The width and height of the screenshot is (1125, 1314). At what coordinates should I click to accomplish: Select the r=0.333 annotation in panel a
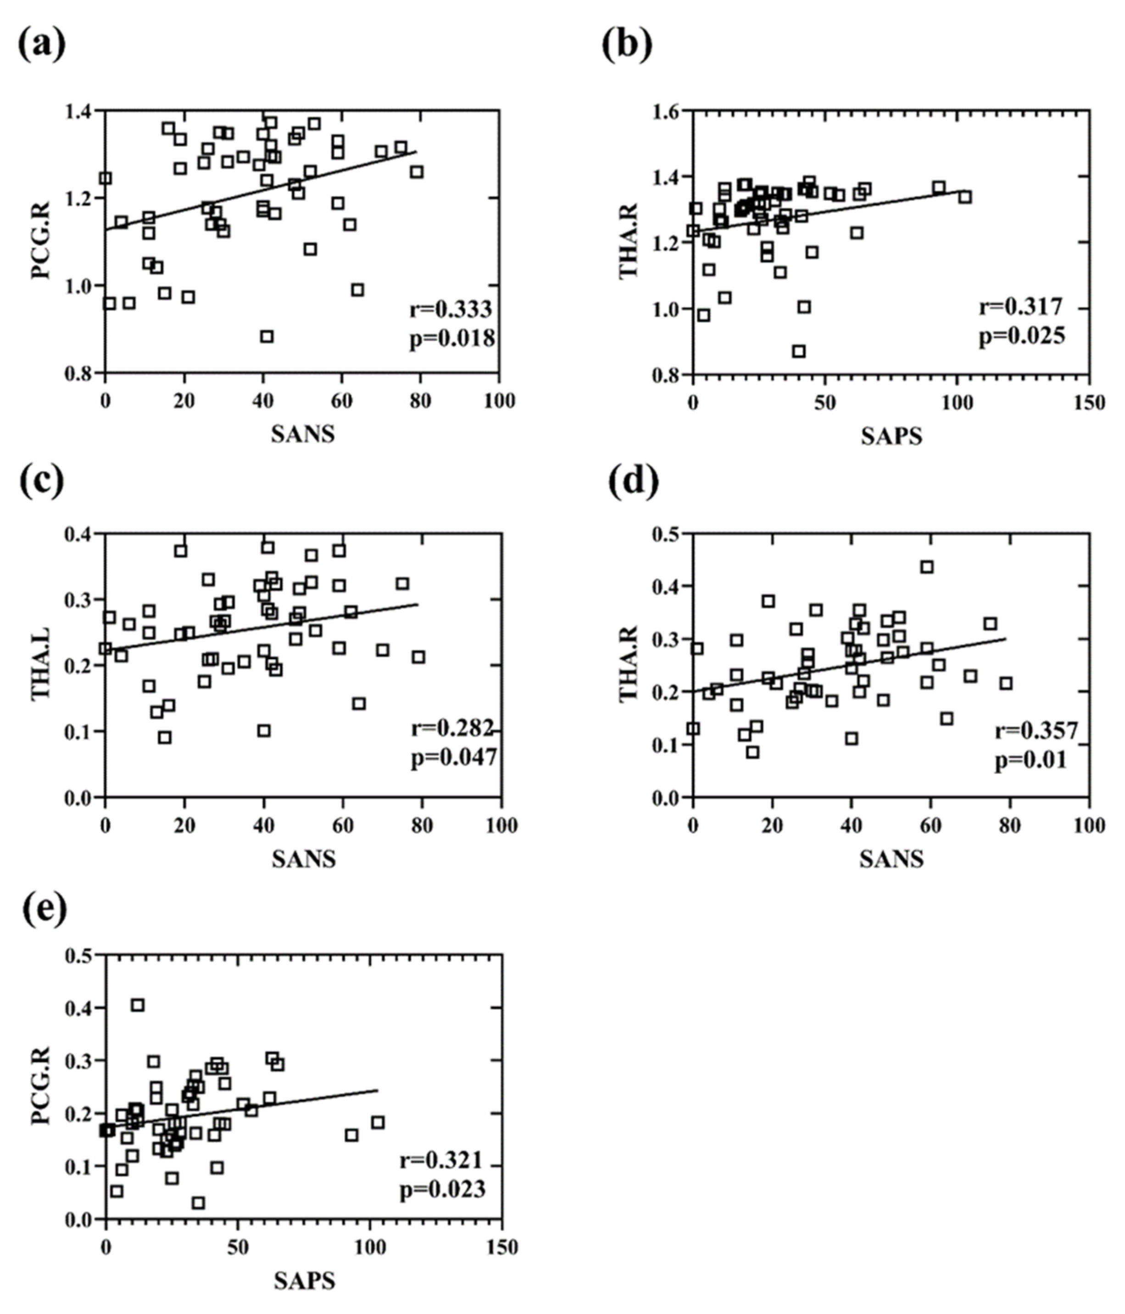450,310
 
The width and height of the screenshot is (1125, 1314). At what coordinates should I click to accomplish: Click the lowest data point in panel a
267,336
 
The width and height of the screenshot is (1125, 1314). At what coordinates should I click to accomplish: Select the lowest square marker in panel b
799,351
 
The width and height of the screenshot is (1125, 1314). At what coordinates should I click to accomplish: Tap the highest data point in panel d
927,566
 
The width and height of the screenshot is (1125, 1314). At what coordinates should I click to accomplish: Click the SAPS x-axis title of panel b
891,436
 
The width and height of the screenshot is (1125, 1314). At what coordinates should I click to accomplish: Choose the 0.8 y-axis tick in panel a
82,373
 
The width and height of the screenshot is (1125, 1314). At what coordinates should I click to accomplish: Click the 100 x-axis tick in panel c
501,826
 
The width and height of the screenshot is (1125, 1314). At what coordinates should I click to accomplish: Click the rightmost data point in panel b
965,197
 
